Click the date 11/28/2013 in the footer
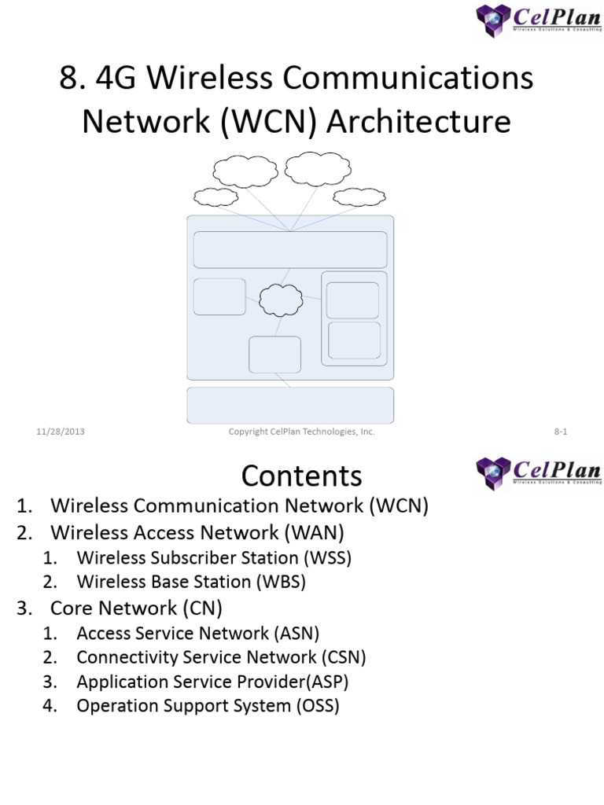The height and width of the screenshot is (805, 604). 61,432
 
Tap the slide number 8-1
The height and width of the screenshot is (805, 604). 561,432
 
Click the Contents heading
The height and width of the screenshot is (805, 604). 301,476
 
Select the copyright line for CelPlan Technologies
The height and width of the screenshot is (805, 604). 301,432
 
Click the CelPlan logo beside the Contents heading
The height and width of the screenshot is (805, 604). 538,473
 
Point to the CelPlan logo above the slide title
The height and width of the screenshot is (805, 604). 538,20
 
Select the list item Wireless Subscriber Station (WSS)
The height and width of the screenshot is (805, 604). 214,558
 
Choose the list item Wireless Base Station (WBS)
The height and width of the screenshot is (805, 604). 191,583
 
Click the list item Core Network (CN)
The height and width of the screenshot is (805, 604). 137,608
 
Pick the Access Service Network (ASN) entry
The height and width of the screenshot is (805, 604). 198,633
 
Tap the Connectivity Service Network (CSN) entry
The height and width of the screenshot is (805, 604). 221,657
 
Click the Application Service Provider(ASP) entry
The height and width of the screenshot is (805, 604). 212,682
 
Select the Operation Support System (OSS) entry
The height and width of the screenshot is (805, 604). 208,706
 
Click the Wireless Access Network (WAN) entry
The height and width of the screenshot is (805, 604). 197,532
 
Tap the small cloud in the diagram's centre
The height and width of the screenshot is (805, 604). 281,298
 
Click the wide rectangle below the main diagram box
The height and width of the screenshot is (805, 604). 290,405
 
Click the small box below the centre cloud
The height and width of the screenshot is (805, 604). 274,355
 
